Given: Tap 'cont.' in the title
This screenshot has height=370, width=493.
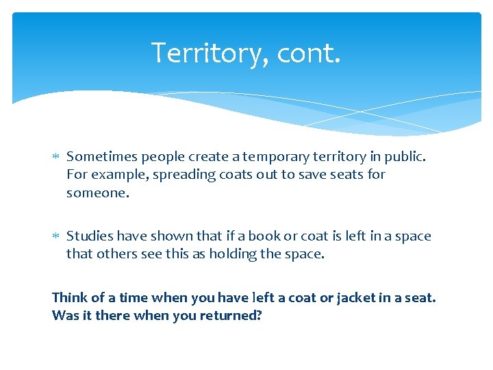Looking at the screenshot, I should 308,53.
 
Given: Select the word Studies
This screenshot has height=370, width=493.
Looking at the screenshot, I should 90,236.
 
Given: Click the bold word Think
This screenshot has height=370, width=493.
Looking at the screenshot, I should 69,297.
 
